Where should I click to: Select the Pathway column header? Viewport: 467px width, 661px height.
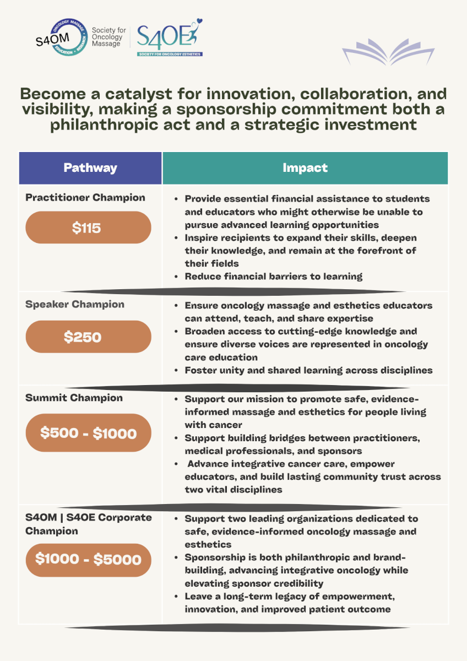pos(90,168)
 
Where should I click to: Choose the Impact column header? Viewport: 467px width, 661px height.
pos(305,168)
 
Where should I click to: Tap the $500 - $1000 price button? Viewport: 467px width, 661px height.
pos(88,433)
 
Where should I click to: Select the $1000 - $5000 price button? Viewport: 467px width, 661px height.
pos(88,560)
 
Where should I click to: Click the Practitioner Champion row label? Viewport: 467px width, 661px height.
pos(85,198)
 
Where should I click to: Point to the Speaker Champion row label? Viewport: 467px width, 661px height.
pos(75,305)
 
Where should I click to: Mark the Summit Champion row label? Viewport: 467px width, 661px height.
pos(74,398)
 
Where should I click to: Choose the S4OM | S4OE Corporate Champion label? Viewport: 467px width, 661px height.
pos(88,524)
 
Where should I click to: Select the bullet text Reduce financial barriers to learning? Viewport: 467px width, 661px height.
pos(273,277)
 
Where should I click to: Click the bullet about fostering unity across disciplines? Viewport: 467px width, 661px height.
pos(308,370)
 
